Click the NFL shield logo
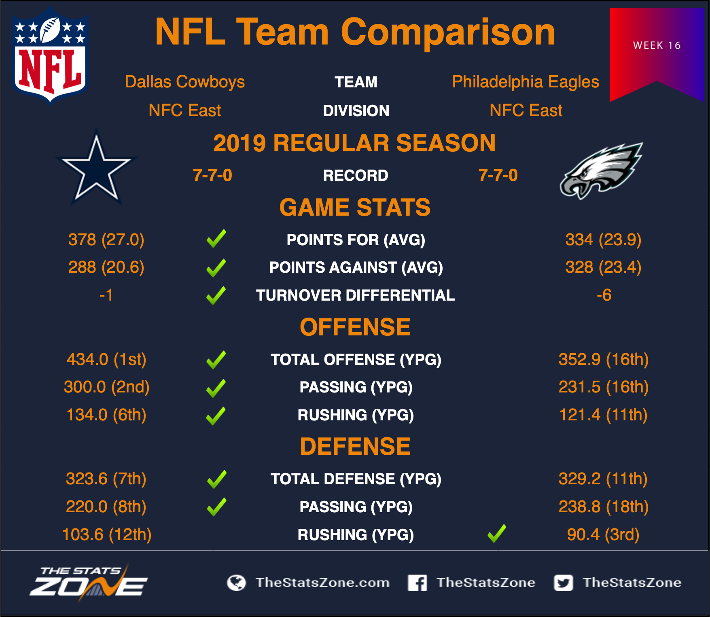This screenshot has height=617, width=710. click(x=50, y=55)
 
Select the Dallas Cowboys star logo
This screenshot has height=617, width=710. click(x=96, y=168)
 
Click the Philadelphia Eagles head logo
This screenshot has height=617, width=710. click(x=601, y=171)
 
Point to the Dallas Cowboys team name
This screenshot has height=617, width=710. click(x=185, y=82)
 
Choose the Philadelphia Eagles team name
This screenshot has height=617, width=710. click(x=526, y=82)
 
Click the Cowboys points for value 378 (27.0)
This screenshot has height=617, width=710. click(x=106, y=240)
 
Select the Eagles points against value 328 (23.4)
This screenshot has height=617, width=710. click(x=603, y=267)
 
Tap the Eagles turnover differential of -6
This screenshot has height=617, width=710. click(x=604, y=295)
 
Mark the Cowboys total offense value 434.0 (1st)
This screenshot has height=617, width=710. click(x=106, y=359)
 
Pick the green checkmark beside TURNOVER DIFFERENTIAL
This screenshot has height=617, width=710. click(x=216, y=295)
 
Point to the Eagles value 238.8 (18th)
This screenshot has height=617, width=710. click(x=603, y=507)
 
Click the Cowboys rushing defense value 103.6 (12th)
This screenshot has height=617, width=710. click(x=107, y=534)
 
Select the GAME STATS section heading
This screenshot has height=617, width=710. click(x=355, y=207)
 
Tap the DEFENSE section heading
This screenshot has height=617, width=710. click(x=355, y=446)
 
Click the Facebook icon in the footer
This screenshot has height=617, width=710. click(x=418, y=583)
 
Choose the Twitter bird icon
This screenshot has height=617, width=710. click(x=564, y=583)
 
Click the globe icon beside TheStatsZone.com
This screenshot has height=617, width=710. click(x=237, y=583)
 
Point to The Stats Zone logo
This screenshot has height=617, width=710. click(x=89, y=583)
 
